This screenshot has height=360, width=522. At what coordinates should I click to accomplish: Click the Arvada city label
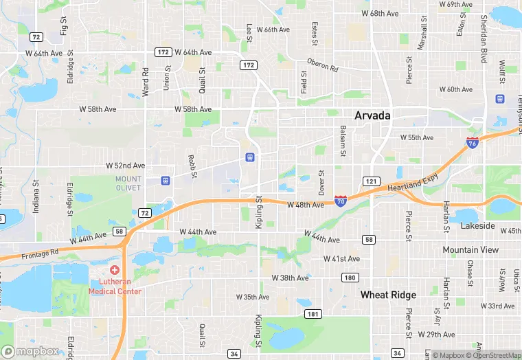point(373,115)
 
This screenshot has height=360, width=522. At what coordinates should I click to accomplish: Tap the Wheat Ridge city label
point(389,295)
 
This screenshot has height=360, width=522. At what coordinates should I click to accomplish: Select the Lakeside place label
point(477,225)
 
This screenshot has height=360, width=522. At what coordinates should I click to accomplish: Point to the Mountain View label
point(470,250)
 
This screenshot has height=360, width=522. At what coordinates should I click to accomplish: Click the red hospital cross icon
point(115,269)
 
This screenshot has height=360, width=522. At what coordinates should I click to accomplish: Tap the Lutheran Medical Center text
point(115,286)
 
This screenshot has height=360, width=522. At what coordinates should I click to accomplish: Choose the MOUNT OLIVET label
point(128,183)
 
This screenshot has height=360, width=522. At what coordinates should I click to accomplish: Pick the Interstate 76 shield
point(472,143)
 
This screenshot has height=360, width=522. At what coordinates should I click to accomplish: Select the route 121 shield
point(371,181)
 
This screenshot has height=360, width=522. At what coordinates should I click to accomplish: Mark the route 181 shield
point(313,314)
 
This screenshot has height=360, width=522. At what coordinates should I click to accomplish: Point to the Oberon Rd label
point(323,65)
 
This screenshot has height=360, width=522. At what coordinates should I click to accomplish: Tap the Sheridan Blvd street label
point(485,38)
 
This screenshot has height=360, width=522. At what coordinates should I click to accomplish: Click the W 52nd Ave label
point(126,166)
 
